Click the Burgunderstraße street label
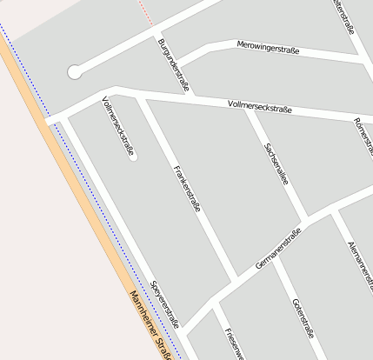(174, 65)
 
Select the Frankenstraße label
(187, 189)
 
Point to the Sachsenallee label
(276, 161)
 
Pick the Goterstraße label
(303, 317)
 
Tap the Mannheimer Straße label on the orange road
(150, 325)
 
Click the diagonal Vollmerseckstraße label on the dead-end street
(118, 126)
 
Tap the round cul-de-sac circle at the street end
(75, 72)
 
